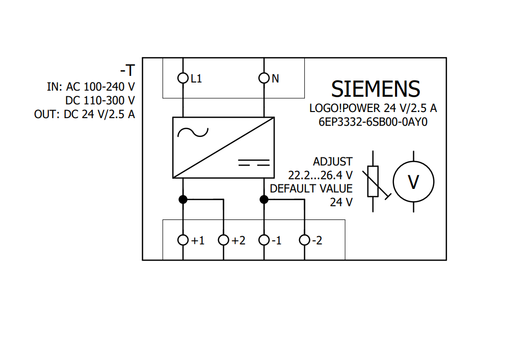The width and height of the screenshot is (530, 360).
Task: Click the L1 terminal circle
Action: [x=183, y=78]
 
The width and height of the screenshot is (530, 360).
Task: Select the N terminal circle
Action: [x=264, y=78]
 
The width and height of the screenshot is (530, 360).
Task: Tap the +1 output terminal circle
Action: [x=183, y=240]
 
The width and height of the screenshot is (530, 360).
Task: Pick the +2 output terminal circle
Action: [x=223, y=240]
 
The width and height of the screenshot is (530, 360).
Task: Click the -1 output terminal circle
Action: [x=264, y=240]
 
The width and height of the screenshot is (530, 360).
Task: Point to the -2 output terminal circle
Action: [x=304, y=240]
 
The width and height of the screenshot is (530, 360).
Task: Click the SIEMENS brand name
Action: [x=376, y=89]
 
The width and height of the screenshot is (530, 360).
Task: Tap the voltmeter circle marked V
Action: [x=413, y=182]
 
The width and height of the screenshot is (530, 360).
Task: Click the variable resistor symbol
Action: [x=373, y=181]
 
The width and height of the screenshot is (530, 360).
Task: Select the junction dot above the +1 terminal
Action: [x=183, y=199]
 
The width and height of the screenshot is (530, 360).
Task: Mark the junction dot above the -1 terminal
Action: [x=264, y=199]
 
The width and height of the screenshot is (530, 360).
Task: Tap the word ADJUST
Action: [x=332, y=162]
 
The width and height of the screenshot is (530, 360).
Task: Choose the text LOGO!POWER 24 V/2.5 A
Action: [x=373, y=108]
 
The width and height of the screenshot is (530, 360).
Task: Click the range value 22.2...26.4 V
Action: [x=320, y=175]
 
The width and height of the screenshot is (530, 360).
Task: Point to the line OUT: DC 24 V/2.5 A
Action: [x=85, y=114]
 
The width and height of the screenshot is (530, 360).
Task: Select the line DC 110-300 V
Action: [x=100, y=100]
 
